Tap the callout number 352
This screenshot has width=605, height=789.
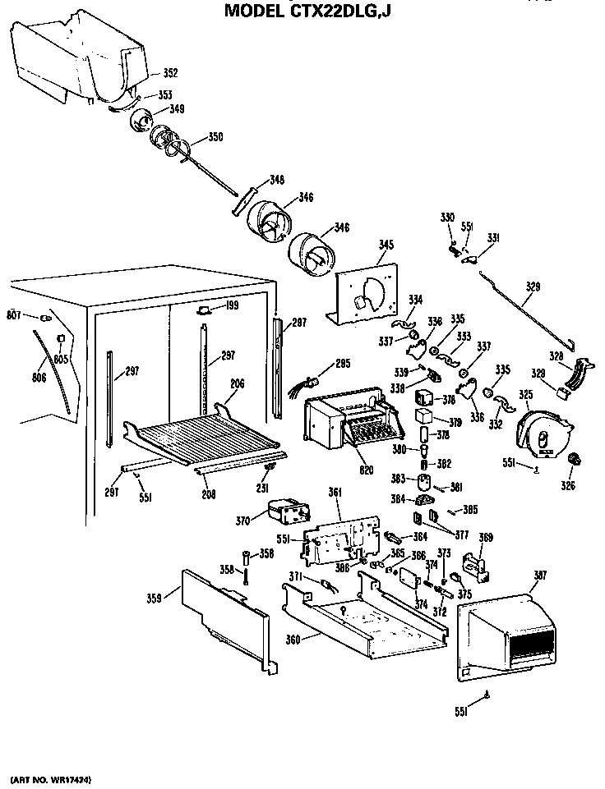pos(169,73)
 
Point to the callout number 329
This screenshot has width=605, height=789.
pos(533,287)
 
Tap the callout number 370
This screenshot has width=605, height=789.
pos(242,520)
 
